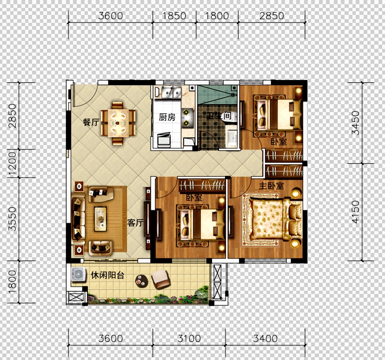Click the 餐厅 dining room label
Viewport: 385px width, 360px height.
(x=91, y=122)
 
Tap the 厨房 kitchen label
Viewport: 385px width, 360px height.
(x=167, y=117)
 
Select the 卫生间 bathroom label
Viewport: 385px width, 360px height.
(x=219, y=116)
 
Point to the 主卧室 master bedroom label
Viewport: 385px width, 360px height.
(x=271, y=186)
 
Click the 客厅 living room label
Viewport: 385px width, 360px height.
(x=135, y=223)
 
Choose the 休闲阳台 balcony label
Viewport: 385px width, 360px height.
(x=107, y=275)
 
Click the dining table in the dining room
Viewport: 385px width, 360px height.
(x=118, y=122)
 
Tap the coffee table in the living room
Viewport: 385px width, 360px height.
(x=101, y=219)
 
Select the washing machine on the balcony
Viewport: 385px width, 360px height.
(x=78, y=274)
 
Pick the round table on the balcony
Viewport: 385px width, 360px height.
(x=142, y=281)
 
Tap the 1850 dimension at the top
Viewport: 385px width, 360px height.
(x=174, y=16)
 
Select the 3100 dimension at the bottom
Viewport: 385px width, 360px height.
(x=189, y=339)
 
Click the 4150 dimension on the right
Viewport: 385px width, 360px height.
(x=355, y=212)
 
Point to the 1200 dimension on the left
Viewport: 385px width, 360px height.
(x=12, y=164)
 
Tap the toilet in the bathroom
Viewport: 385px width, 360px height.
(x=231, y=116)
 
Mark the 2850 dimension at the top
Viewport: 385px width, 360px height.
(x=272, y=16)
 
